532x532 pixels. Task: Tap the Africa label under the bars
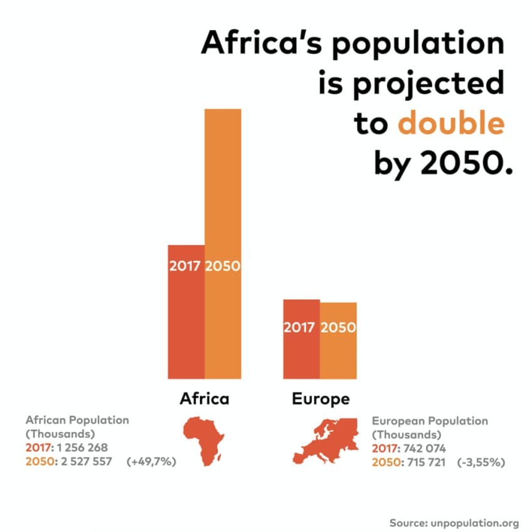coord(205,399)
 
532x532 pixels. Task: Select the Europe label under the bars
coord(321,399)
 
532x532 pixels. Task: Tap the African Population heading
coord(77,420)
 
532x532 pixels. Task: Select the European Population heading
coord(430,421)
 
